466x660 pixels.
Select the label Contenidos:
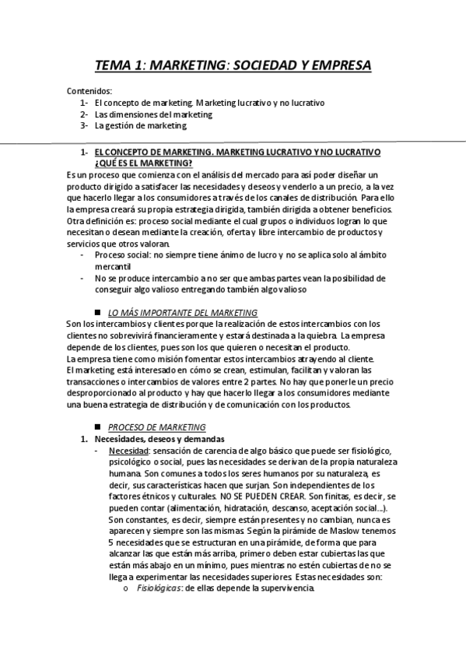click(x=89, y=91)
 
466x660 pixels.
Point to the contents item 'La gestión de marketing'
click(x=141, y=125)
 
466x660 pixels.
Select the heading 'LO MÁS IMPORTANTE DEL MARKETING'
click(x=183, y=312)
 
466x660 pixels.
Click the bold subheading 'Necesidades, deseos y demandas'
click(x=153, y=439)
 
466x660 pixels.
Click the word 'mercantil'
click(x=112, y=266)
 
